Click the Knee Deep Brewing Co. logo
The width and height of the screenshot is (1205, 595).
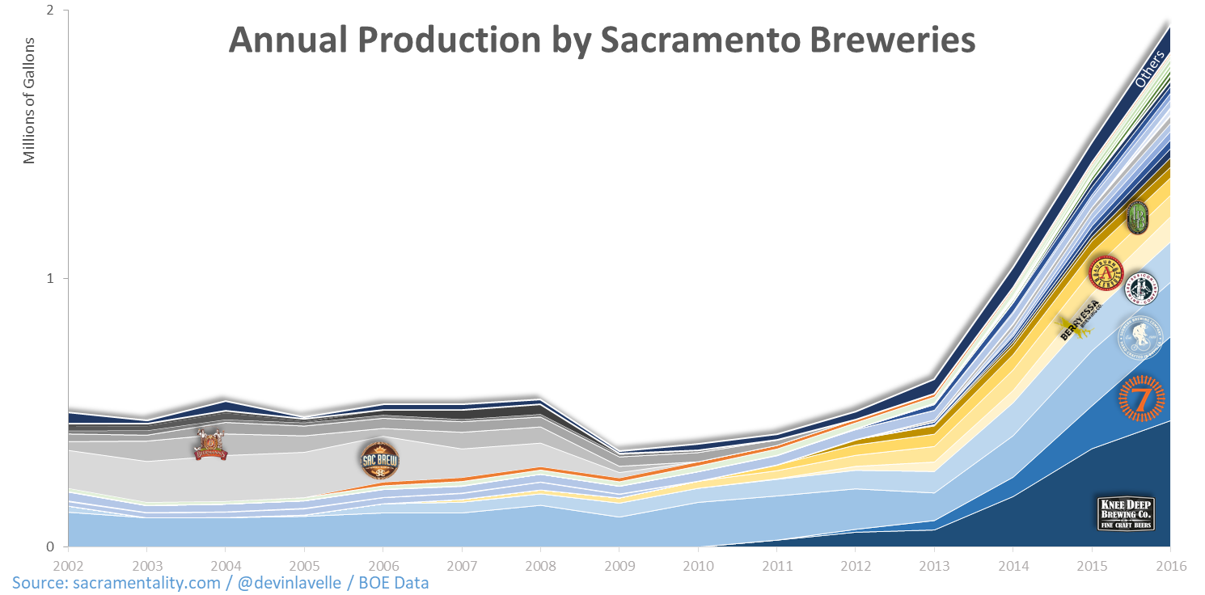point(1125,513)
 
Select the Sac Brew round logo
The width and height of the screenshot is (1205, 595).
point(379,460)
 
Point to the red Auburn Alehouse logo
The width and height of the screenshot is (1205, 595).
point(1105,274)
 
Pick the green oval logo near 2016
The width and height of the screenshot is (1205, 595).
point(1137,217)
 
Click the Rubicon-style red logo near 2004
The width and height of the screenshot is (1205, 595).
point(211,445)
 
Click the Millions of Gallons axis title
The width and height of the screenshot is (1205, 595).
point(30,99)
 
